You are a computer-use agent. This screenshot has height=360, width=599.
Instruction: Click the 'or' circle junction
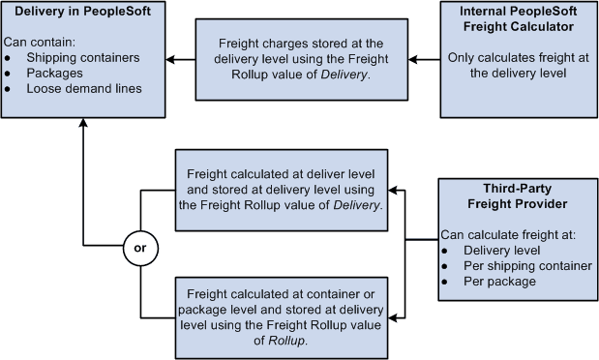pos(139,248)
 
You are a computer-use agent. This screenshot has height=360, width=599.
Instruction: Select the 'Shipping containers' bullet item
pos(82,57)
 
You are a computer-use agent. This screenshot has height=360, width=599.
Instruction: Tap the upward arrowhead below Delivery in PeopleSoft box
pos(83,125)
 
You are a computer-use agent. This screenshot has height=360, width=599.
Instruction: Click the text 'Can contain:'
pos(39,42)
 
